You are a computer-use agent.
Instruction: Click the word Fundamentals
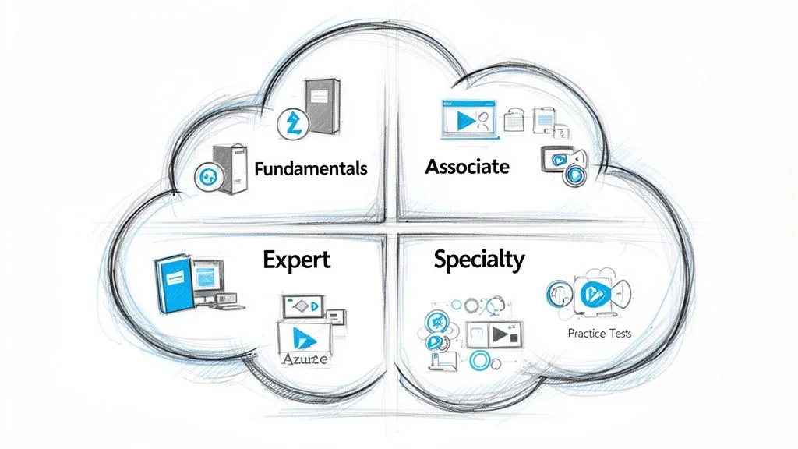click(x=310, y=168)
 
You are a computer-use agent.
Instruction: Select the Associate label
click(x=468, y=166)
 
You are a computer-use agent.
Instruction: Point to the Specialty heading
click(x=479, y=260)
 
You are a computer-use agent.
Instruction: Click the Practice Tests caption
click(x=599, y=333)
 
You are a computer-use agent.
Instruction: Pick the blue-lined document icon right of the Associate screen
click(x=542, y=120)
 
